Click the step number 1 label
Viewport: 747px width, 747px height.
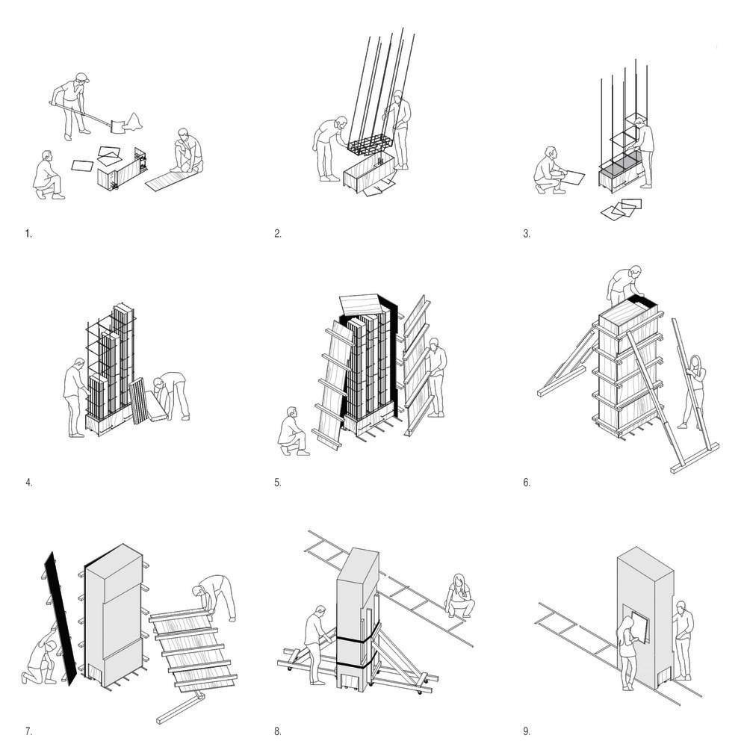click(x=28, y=234)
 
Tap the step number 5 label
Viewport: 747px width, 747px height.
click(x=277, y=483)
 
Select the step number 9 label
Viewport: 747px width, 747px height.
click(x=527, y=731)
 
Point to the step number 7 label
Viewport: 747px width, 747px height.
click(x=28, y=731)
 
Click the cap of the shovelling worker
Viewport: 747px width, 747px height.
click(x=82, y=77)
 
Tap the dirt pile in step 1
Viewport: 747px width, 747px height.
click(x=134, y=120)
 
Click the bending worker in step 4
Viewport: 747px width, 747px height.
click(x=173, y=391)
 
